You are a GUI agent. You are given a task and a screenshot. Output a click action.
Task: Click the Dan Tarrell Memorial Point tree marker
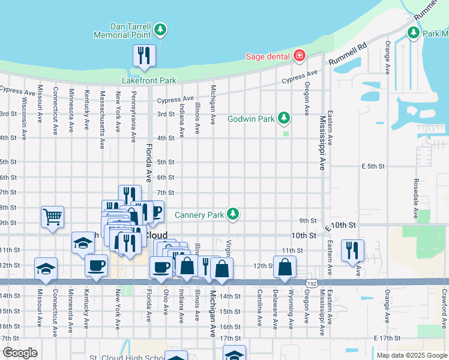(x=160, y=29)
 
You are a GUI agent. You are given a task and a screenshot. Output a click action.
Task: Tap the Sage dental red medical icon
(x=299, y=56)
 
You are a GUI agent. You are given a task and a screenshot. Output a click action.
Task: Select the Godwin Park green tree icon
(x=285, y=118)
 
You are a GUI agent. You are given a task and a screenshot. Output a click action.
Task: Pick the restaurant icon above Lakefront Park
(x=144, y=56)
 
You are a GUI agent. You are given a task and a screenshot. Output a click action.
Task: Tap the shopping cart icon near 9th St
(x=53, y=217)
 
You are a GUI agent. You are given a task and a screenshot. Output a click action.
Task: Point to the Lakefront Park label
(x=149, y=80)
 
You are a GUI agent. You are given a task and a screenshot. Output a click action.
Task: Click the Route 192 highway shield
(x=308, y=281)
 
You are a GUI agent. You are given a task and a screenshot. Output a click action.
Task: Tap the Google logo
(x=20, y=353)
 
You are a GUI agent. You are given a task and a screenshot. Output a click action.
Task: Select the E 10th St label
(x=340, y=226)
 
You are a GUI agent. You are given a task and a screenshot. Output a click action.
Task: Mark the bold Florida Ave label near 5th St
(x=149, y=163)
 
